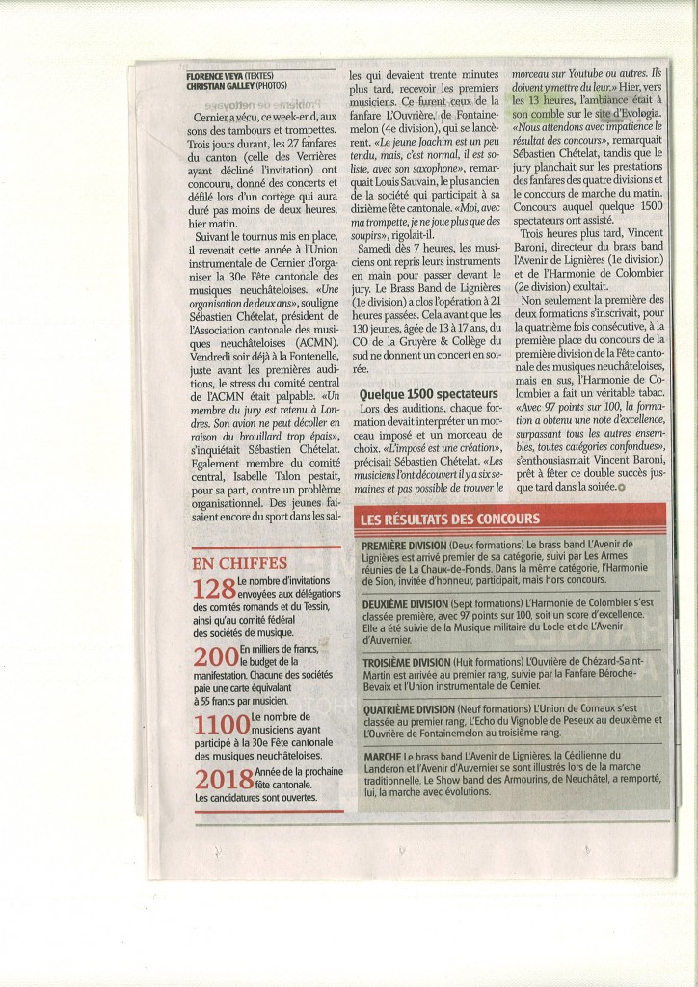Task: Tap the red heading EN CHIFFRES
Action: point(239,563)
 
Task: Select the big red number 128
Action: point(214,589)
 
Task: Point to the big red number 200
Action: point(215,658)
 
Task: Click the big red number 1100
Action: point(221,724)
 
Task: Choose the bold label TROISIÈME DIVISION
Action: point(406,663)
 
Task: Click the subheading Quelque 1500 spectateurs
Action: point(428,394)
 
